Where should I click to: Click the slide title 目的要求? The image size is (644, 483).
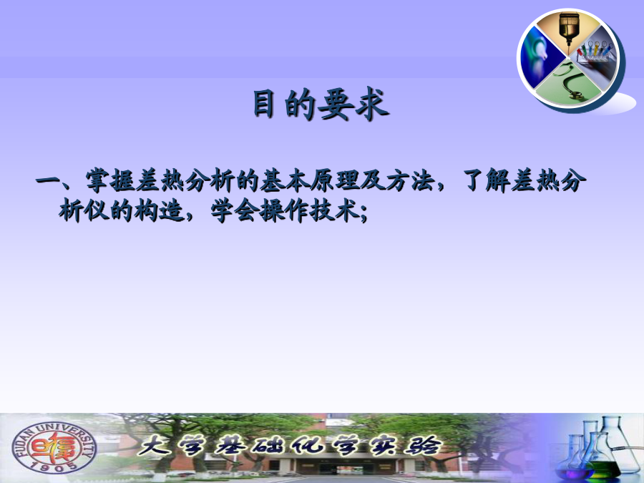(321, 104)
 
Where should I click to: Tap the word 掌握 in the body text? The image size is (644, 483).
(110, 181)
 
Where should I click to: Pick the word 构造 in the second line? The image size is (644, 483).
(160, 213)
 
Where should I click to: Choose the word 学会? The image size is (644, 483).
(235, 213)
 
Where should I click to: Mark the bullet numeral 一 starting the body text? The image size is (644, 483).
(48, 181)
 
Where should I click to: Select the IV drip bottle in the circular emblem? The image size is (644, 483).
(569, 28)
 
